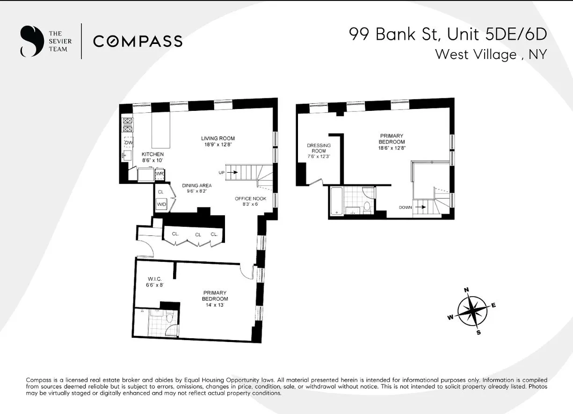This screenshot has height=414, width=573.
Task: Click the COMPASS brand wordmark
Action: coord(138,41)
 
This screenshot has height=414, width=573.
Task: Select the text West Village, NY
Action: coord(491,54)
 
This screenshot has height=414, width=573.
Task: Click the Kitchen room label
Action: coord(153,154)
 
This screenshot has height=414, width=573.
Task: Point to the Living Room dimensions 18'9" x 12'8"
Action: coord(218,145)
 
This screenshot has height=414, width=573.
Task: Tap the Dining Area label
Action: coord(197,186)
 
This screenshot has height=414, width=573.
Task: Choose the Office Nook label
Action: coord(250,199)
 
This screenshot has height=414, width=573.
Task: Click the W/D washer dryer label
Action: coord(161,204)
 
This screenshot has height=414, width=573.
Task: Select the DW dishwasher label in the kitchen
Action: coord(129,142)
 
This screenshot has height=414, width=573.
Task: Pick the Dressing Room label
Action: coord(319,148)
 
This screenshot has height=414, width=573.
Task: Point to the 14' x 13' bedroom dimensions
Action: coord(215,305)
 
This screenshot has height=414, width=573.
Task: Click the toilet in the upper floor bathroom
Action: coord(367,207)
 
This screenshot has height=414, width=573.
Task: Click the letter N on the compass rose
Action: coord(466,290)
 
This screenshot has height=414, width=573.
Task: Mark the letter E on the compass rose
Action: coord(493,305)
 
